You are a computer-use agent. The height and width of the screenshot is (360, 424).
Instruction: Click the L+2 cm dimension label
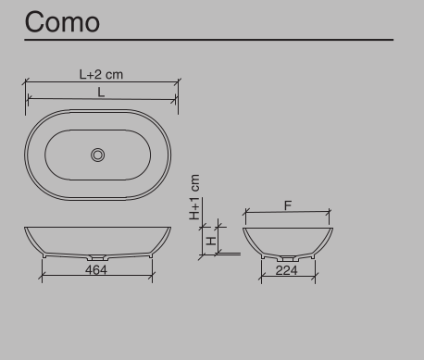point(101,74)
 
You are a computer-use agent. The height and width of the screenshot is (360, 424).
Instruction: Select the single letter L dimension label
point(102,93)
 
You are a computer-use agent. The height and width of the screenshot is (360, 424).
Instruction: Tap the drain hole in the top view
point(98,155)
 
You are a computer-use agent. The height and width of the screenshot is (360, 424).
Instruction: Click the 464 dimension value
point(96,269)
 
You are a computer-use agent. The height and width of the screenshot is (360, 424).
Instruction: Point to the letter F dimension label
point(288,206)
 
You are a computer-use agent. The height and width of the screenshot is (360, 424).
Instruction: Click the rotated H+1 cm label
point(195,197)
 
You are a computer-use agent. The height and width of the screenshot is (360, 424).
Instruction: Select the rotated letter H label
point(211,240)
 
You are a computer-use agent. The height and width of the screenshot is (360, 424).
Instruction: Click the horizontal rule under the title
point(209,40)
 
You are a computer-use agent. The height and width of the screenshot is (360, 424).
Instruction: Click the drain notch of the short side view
point(287,255)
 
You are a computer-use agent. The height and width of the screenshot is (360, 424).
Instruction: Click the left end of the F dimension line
point(243,213)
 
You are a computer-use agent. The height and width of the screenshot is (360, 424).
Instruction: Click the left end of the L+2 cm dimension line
point(24,81)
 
